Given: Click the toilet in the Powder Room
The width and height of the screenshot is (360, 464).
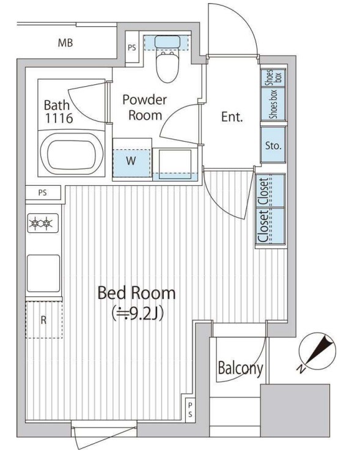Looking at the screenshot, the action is coord(167,59).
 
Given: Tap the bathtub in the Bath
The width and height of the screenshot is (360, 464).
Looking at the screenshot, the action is coord(72,153).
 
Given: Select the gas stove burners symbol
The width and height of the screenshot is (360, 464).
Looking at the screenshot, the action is coord(43,223).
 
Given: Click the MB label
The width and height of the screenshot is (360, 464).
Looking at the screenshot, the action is coord(65,43).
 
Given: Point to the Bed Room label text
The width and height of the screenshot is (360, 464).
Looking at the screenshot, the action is coord(137,293).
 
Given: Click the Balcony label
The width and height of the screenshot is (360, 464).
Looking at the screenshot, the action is coord(240,369).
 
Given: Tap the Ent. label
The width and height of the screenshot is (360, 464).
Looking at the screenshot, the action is coord(232,117).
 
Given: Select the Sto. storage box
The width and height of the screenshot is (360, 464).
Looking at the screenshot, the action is coord(273,145).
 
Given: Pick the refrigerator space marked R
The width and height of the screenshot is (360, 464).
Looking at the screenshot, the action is coord(44,320).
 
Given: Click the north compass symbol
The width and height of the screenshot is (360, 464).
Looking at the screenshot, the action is coord(317,352).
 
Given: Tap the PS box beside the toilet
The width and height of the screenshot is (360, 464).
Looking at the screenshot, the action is coord(132,47).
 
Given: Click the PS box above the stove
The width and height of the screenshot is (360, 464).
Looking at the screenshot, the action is coord(43,193).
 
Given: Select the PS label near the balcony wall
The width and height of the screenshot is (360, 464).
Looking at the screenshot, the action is coord(190,409).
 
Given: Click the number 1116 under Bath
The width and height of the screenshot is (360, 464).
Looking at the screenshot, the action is coord(59,118).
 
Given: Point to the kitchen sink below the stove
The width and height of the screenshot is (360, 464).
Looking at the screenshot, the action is coord(43,273).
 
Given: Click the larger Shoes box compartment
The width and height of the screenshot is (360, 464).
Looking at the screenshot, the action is coord(273,103).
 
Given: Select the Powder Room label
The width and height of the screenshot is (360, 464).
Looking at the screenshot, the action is coord(145,108).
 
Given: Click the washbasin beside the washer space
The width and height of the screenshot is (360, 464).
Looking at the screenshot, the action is coord(175,164).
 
